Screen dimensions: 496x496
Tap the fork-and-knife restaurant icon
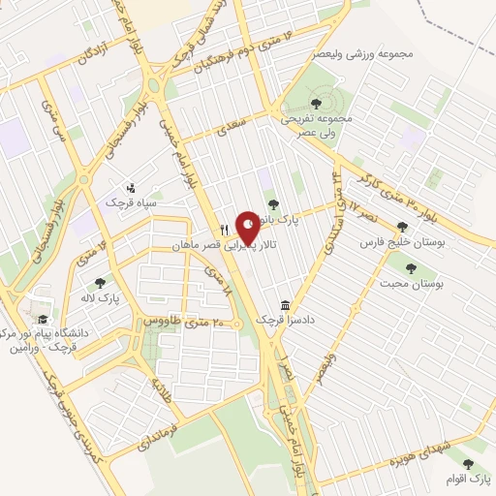tap(225, 230)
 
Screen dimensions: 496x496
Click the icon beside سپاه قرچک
tap(133, 187)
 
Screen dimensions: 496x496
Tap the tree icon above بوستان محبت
tap(412, 267)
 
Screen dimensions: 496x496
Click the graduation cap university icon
tap(42, 319)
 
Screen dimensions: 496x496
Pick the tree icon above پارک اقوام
tap(470, 465)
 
